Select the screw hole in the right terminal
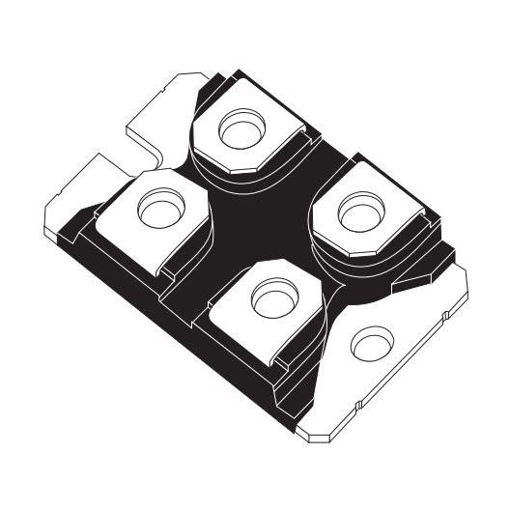pos(359,205)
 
